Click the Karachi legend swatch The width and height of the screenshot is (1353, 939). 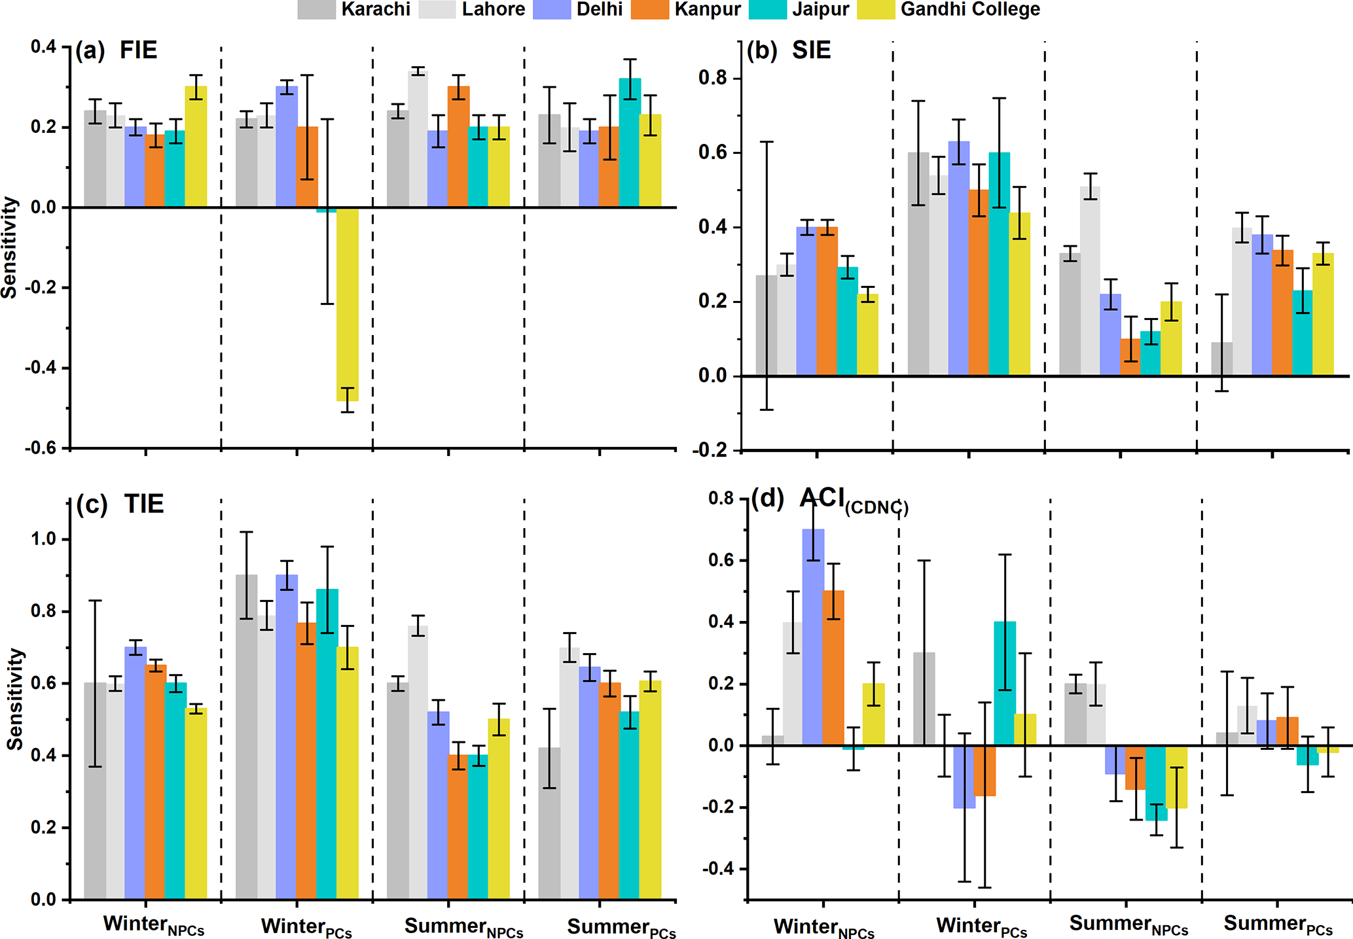[316, 9]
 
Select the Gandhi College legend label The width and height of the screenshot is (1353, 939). [970, 9]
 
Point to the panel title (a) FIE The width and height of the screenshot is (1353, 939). [117, 50]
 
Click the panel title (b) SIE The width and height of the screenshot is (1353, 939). [789, 50]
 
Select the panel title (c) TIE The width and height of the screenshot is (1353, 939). [120, 505]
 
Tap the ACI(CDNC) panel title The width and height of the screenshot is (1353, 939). [830, 501]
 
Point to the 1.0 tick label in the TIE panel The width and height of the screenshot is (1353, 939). [45, 539]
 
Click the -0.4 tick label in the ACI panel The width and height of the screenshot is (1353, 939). [717, 869]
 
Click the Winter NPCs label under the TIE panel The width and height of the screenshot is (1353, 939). [154, 925]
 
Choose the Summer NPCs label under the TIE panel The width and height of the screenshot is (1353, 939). [463, 927]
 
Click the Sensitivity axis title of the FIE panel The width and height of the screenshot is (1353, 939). [9, 247]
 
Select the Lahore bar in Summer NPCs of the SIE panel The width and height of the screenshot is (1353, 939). [1090, 281]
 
